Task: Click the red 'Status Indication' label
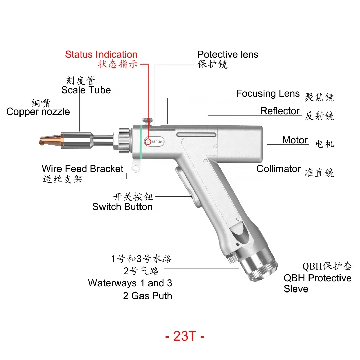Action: pos(101,54)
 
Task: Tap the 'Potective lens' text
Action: pos(228,54)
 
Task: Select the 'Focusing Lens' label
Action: pos(268,93)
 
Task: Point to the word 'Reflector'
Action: pos(280,111)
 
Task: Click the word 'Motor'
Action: pos(295,140)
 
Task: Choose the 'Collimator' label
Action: pos(279,169)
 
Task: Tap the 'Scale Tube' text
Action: pos(86,90)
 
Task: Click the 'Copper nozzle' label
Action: pos(38,111)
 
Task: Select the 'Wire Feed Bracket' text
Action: pos(83,169)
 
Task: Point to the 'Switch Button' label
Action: pos(122,207)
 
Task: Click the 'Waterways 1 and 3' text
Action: pos(130,283)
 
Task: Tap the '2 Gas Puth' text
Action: pos(148,296)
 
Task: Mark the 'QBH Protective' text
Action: pos(317,278)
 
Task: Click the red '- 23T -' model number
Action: pos(185,336)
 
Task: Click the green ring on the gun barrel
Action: pos(141,141)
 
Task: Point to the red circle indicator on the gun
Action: pos(148,141)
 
